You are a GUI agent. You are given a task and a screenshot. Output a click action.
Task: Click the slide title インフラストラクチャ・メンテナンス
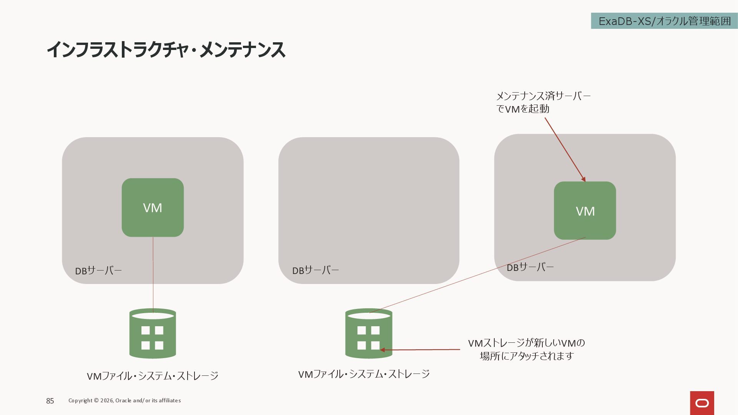pos(166,50)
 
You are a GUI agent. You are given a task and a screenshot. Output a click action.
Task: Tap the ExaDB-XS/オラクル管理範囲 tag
pos(664,21)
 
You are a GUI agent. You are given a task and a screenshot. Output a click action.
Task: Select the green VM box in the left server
pos(153,207)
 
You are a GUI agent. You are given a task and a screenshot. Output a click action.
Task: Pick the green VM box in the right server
pos(585,211)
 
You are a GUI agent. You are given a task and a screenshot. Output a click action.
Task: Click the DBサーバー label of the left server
pos(98,271)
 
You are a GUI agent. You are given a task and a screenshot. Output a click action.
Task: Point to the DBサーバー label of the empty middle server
pos(315,271)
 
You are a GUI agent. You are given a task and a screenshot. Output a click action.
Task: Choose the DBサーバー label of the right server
pos(530,267)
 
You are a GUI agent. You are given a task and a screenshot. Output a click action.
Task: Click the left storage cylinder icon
pos(153,334)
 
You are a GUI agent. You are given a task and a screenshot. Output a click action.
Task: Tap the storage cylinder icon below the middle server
pos(369,334)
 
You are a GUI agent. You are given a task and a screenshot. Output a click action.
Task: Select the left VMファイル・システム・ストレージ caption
pos(153,376)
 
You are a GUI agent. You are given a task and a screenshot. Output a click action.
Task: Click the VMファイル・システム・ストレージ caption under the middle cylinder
pos(364,374)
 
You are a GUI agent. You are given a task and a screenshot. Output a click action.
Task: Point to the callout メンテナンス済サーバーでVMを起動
pos(543,102)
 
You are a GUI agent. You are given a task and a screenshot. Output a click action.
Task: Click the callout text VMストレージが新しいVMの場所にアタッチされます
pos(526,349)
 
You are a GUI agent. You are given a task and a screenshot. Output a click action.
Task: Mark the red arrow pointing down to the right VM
pos(565,149)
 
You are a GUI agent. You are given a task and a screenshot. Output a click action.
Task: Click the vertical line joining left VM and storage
pos(153,273)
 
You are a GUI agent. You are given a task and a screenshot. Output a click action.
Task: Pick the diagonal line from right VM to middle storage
pos(477,275)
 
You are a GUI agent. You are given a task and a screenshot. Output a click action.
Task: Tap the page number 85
pos(50,401)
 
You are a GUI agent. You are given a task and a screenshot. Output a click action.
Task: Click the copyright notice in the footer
pos(125,400)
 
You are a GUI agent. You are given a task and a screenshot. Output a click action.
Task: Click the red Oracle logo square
pos(702,403)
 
